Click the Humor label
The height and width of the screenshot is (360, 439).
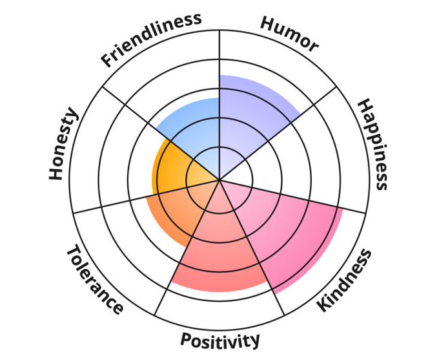point(289,32)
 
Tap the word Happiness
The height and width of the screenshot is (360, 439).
point(373,143)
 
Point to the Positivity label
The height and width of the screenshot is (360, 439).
point(220,339)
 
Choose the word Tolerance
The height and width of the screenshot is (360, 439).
point(94,280)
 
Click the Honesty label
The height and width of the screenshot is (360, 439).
point(63,145)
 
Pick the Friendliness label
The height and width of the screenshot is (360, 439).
point(151,39)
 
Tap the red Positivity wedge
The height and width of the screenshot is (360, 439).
point(219,252)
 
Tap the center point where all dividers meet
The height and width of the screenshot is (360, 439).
point(219,180)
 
